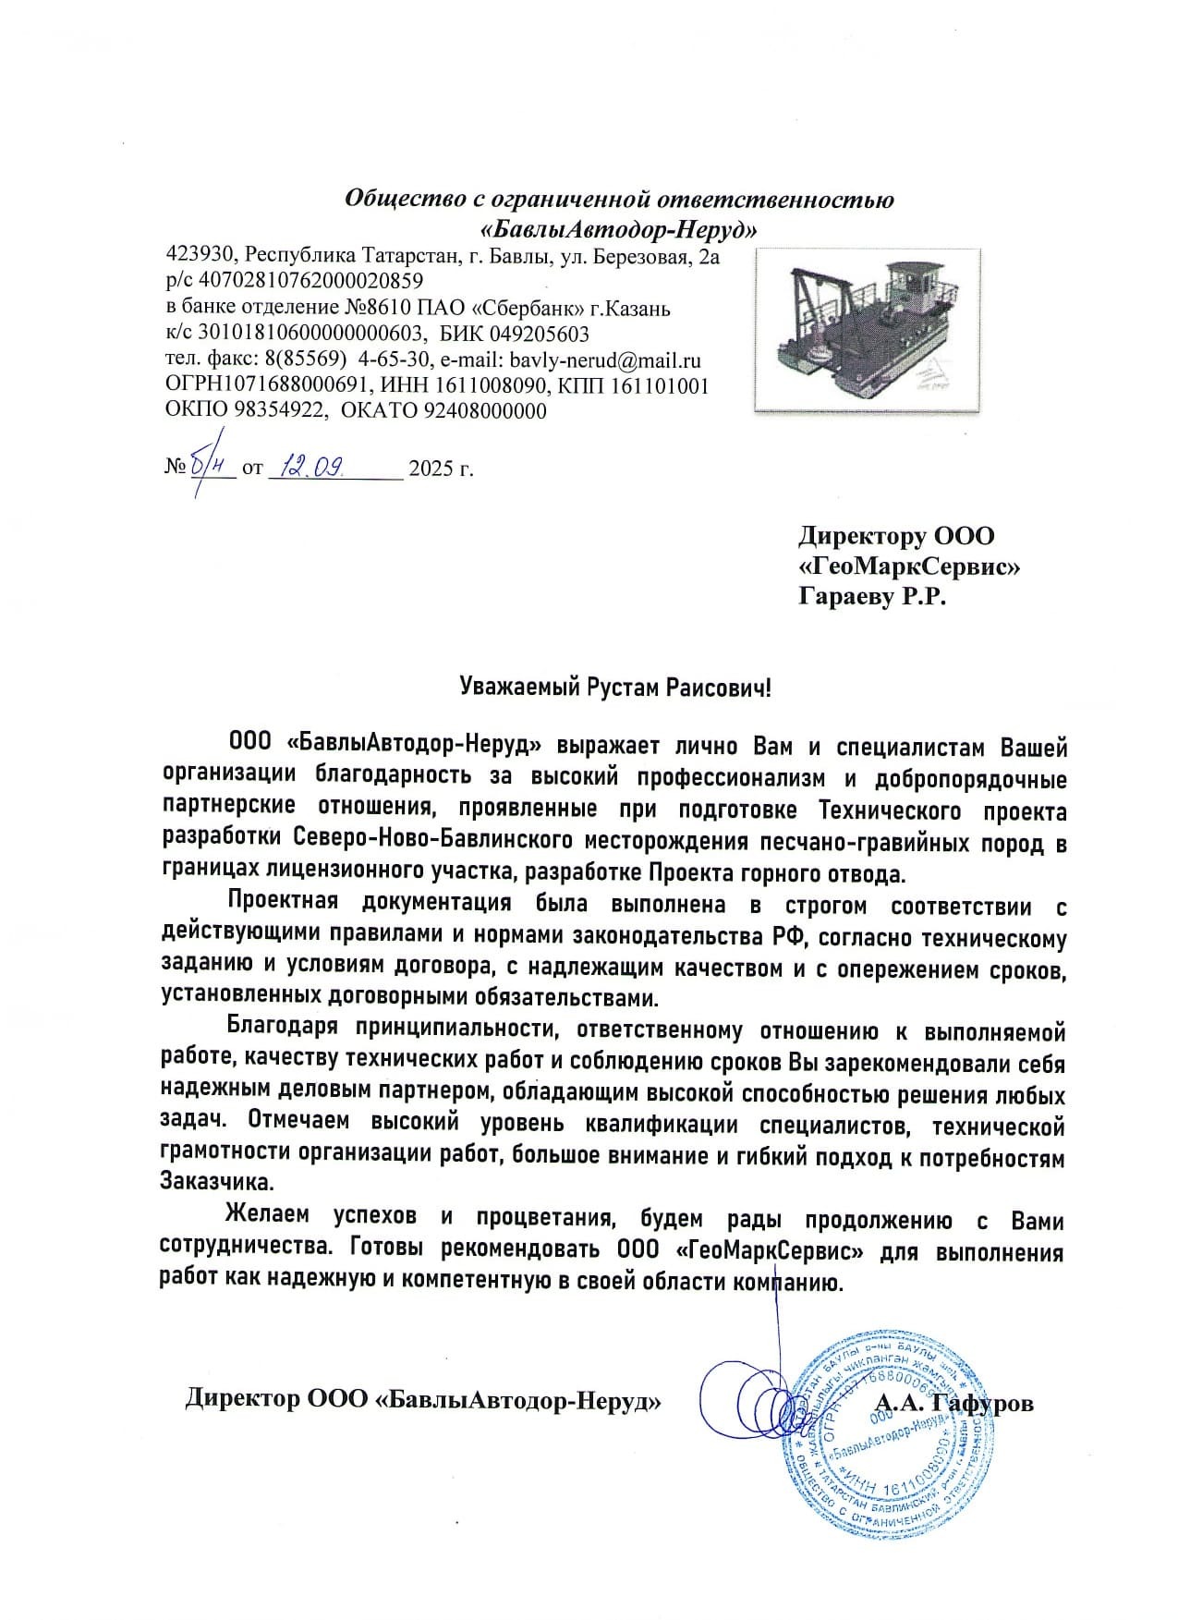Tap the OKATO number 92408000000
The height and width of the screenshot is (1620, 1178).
click(484, 411)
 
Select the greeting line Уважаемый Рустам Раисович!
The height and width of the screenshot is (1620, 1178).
click(614, 688)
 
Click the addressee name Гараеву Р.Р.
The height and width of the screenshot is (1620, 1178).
click(873, 597)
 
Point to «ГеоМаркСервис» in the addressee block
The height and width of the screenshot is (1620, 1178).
click(909, 566)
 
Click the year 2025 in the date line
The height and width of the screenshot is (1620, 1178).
click(428, 469)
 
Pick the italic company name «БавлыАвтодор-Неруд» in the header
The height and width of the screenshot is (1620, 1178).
click(618, 226)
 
